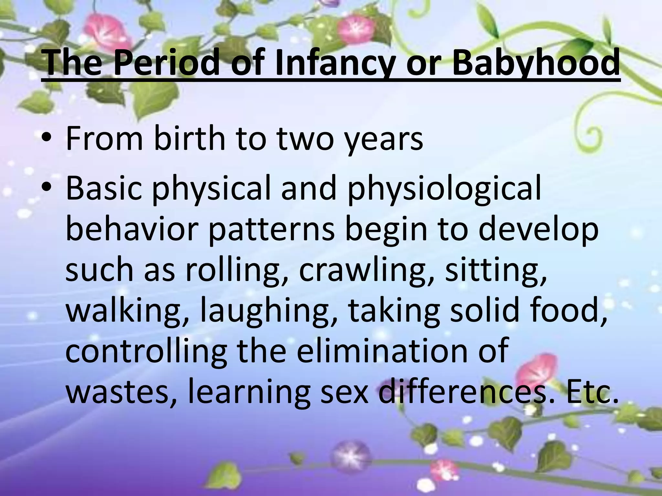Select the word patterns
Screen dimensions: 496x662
coord(271,230)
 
